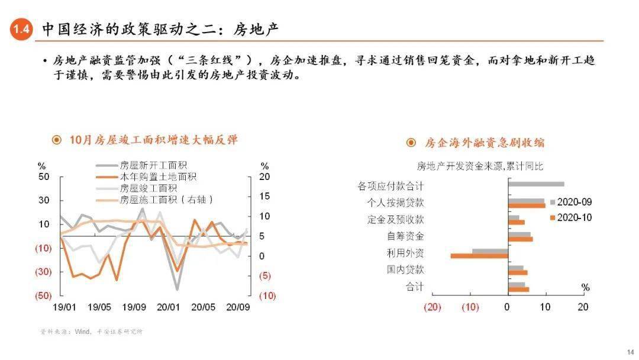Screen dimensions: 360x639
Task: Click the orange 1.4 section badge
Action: tap(21, 30)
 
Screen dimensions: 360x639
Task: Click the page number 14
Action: tap(628, 351)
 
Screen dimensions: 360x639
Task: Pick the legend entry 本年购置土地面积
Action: tap(158, 177)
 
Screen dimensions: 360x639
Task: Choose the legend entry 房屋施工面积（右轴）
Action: tap(166, 200)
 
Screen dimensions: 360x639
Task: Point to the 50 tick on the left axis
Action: tap(44, 177)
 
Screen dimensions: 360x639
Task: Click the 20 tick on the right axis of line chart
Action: tap(264, 177)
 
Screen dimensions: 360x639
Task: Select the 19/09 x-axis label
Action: tap(134, 307)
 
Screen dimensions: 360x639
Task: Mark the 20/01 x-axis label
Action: tap(169, 307)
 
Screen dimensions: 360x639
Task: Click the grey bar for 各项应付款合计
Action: tap(536, 184)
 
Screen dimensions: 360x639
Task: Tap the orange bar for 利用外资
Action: tap(479, 256)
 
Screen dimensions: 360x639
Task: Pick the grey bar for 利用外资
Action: tap(490, 252)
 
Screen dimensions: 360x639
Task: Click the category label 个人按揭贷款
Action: tap(395, 202)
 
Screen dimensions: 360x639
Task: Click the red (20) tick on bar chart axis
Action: tap(433, 307)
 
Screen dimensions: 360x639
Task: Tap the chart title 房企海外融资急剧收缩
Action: tap(484, 143)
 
